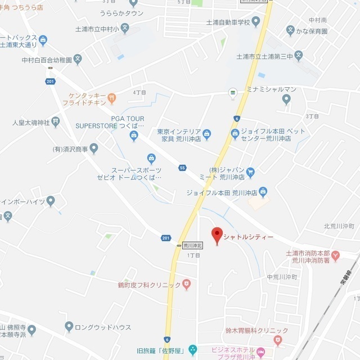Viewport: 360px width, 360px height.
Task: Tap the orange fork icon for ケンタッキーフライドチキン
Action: pos(112,98)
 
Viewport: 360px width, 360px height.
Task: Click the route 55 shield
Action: pos(182,168)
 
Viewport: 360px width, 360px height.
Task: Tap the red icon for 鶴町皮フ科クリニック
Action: pos(187,285)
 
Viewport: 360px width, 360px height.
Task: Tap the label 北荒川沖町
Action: pos(339,226)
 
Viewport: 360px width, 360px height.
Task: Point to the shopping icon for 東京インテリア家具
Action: pos(206,133)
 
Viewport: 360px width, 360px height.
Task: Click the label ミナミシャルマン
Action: pos(272,89)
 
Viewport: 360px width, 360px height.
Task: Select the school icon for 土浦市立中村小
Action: pos(125,28)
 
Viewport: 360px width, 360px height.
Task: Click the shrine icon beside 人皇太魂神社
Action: pos(55,121)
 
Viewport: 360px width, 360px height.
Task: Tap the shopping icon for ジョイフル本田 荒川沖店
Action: pos(263,192)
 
